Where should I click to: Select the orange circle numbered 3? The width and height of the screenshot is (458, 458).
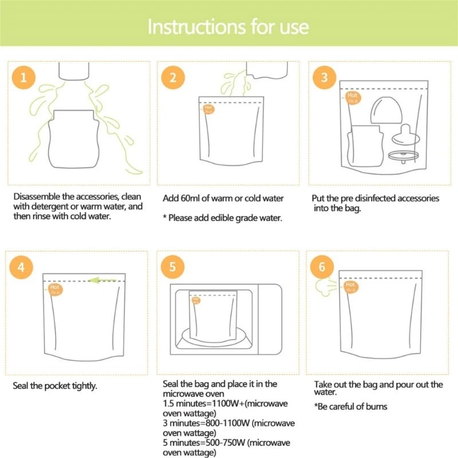324,77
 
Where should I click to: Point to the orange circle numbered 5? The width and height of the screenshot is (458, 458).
172,267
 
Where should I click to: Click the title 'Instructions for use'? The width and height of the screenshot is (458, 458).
228,27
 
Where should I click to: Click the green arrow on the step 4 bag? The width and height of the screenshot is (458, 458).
104,281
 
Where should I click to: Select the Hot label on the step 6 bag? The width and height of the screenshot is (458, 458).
350,286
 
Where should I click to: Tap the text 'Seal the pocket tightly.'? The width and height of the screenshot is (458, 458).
55,386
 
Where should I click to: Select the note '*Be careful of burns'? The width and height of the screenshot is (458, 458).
350,406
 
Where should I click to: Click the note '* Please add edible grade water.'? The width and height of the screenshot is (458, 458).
222,218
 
